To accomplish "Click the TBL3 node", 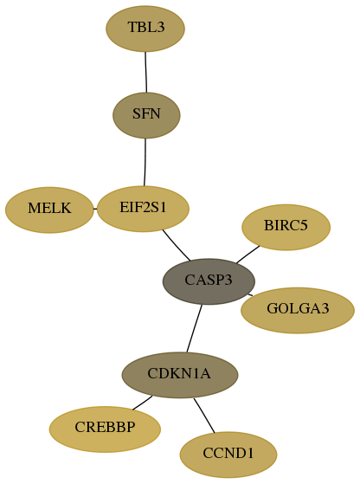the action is point(145,29).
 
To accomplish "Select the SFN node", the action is point(146,115).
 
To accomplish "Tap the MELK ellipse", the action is point(49,210).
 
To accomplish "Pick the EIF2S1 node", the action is point(143,209).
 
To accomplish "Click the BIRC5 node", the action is point(286,227).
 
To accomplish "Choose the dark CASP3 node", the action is point(209,281).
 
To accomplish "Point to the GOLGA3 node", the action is point(298,310).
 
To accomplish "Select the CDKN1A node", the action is point(180,375).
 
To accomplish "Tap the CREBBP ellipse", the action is point(105,429).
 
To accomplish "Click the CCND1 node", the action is point(228,455).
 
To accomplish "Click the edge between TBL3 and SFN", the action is point(146,72).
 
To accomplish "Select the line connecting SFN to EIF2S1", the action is point(145,162).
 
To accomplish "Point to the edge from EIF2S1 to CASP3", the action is point(176,246).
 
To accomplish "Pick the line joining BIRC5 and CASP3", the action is point(247,255).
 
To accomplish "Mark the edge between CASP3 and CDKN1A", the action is point(195,328).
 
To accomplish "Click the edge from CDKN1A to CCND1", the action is point(204,416).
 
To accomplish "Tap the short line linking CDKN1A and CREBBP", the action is point(142,403).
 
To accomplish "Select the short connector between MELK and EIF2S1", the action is point(95,209).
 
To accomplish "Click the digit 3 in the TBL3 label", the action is point(160,27).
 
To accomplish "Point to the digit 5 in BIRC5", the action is point(304,226).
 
